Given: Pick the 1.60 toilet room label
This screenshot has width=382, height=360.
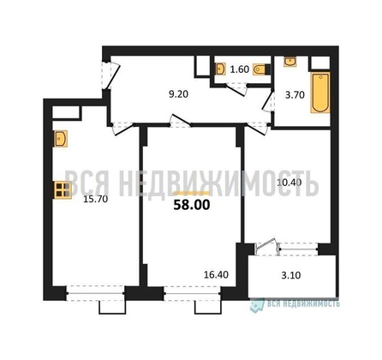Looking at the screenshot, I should (236, 69).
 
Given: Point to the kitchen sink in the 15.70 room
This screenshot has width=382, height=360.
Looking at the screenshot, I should (62, 138).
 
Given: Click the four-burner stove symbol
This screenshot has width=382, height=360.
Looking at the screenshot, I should (62, 190).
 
